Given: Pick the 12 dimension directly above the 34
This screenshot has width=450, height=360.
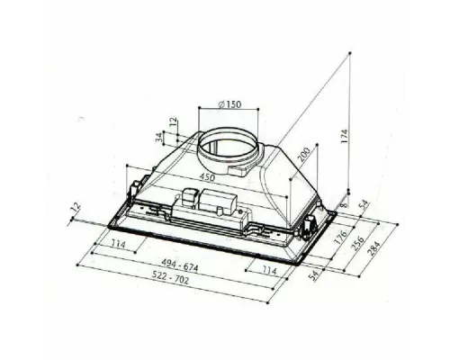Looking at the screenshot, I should [x=172, y=122].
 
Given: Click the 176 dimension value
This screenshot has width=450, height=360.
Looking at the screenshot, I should [x=341, y=240].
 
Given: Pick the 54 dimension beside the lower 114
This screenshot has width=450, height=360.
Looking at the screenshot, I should [x=315, y=274].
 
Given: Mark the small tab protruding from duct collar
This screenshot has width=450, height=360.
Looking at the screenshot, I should [x=241, y=168].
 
